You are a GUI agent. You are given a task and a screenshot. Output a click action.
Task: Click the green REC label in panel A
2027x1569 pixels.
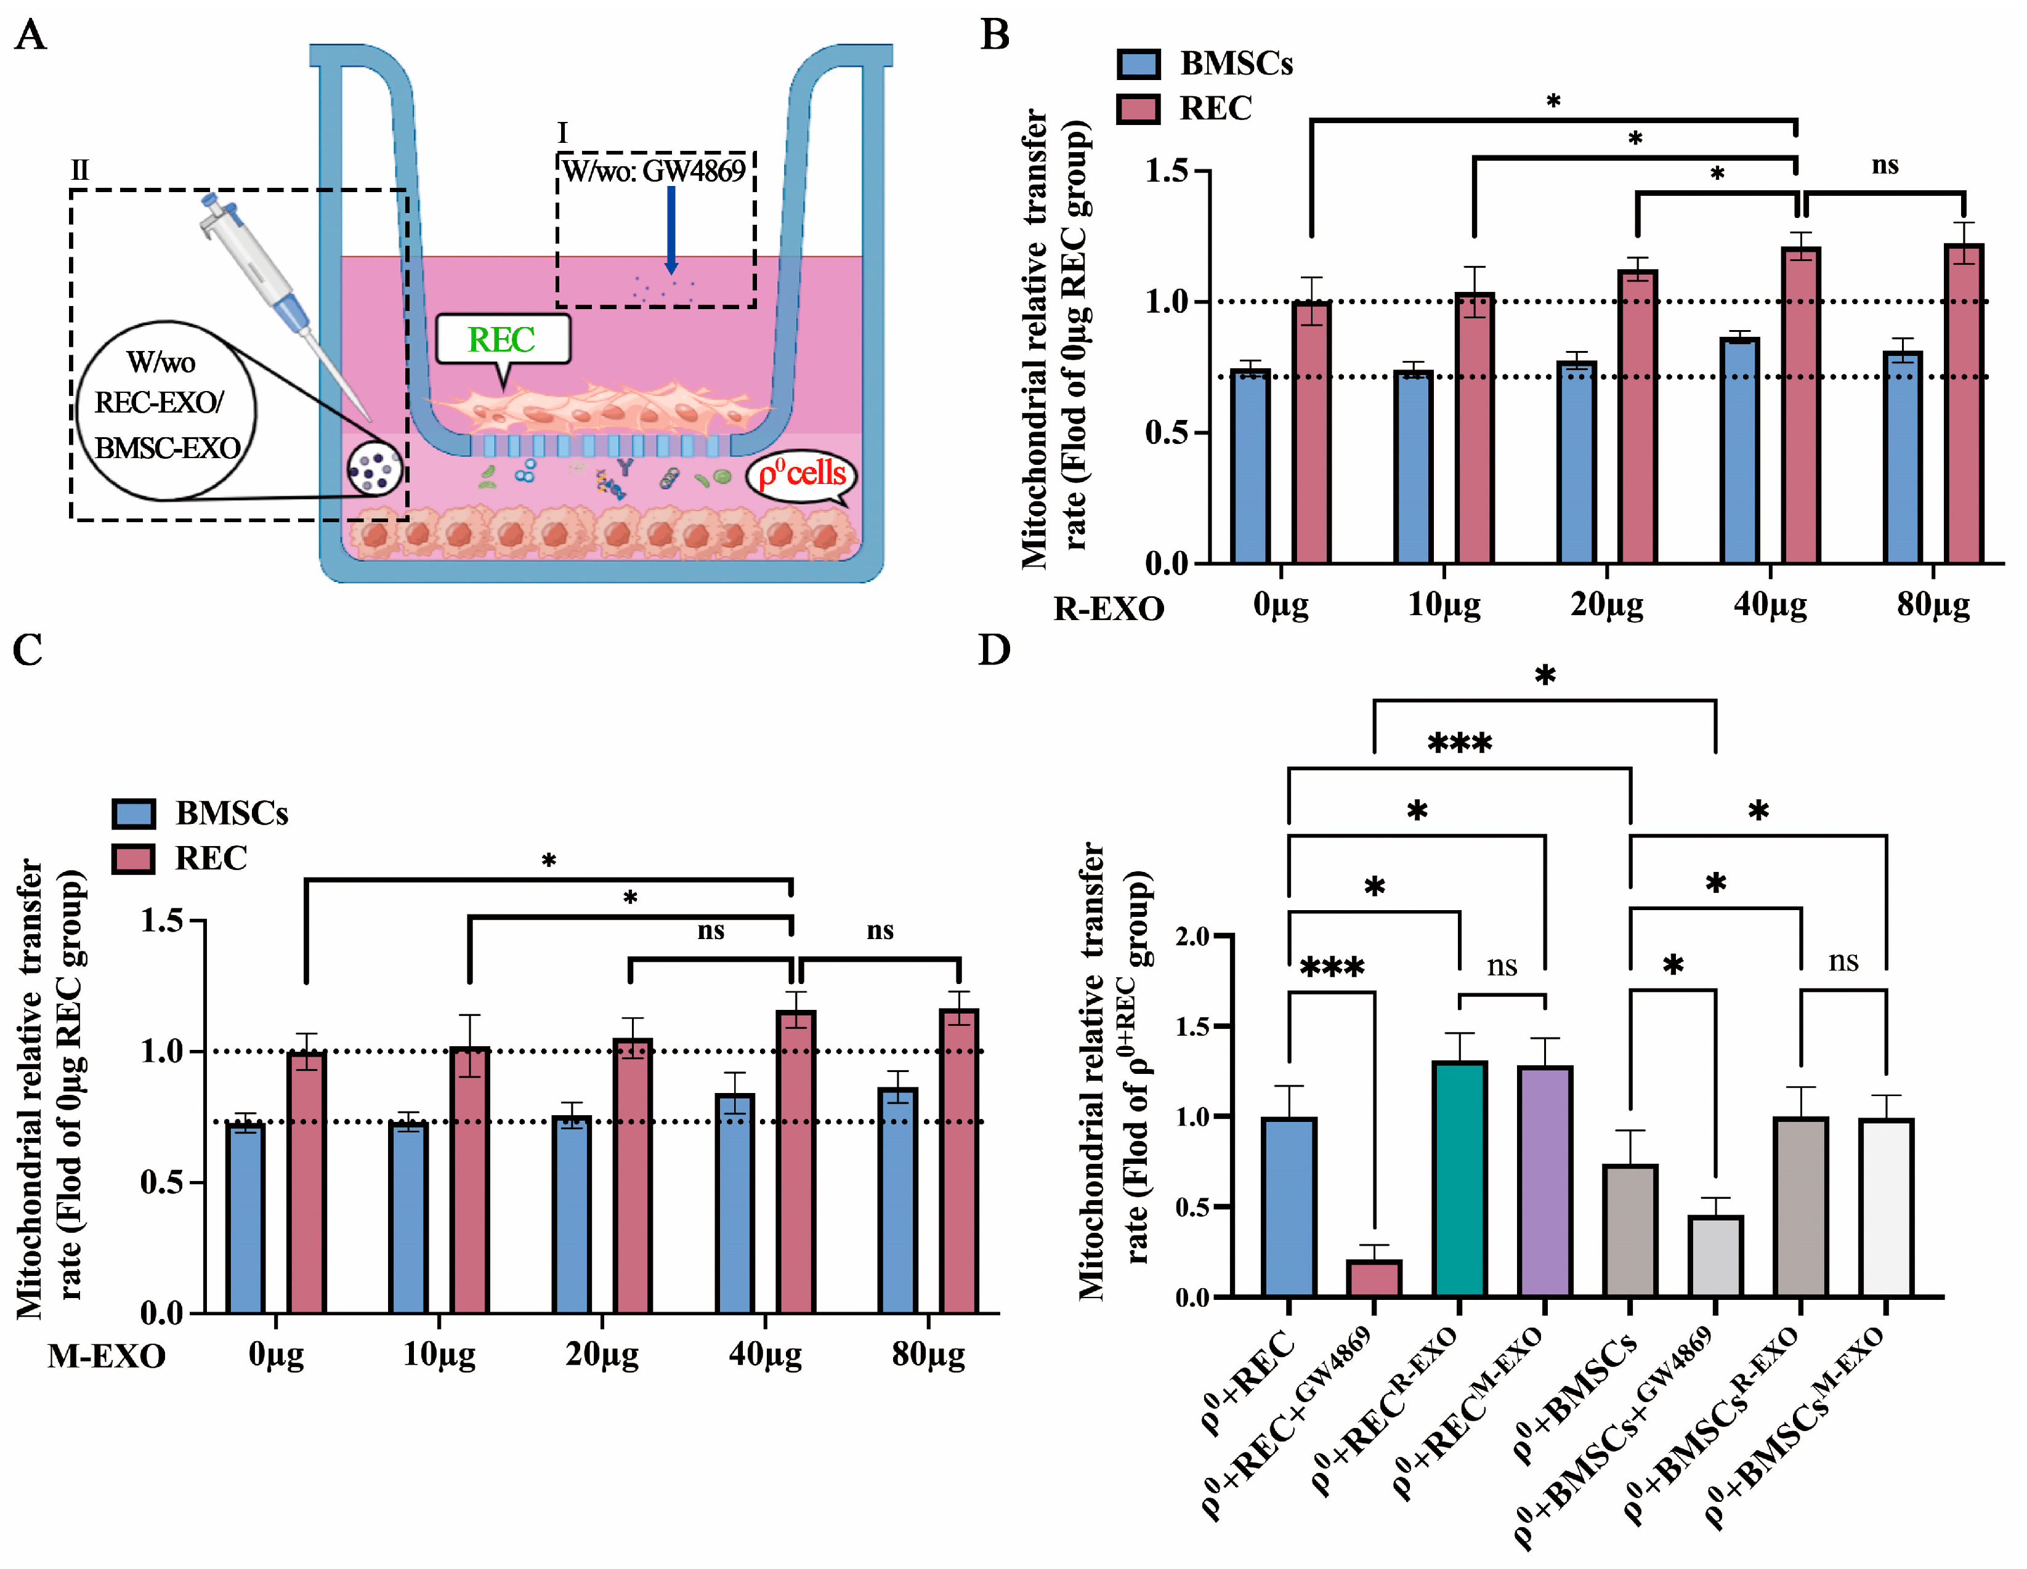(501, 339)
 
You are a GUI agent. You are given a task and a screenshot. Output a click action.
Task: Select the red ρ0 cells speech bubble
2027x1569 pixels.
(802, 474)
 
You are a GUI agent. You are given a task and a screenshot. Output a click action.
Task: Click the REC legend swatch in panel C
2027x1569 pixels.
(132, 858)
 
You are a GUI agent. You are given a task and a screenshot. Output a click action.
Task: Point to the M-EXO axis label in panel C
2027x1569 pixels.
(107, 1357)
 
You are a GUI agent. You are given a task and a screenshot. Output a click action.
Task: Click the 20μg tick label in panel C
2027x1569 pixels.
(602, 1355)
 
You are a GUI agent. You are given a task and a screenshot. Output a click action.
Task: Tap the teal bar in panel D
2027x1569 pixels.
(1460, 1179)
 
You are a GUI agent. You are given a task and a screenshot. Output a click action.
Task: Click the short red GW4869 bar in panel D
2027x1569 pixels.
(1374, 1278)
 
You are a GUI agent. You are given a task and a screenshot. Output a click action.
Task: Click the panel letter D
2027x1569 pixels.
(994, 650)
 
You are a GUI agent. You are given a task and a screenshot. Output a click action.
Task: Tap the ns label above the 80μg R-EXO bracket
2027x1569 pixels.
(1884, 165)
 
